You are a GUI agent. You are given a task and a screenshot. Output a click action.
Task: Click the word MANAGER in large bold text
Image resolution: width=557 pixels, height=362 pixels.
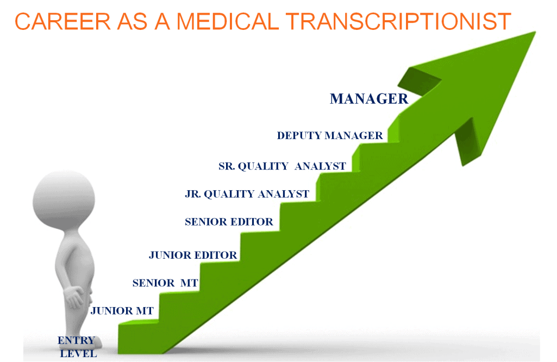[x=369, y=99]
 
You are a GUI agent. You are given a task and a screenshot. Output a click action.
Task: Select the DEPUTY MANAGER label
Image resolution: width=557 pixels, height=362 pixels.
[x=330, y=136]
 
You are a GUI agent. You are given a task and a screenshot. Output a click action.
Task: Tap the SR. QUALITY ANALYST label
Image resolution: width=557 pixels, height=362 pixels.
[x=282, y=166]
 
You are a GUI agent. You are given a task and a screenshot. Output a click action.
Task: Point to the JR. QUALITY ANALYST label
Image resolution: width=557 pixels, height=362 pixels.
[x=247, y=194]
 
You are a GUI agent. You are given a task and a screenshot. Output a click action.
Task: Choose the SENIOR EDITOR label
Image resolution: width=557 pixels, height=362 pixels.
[x=229, y=222]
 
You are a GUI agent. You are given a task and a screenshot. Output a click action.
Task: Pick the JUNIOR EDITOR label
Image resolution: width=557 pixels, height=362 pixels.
[x=193, y=255]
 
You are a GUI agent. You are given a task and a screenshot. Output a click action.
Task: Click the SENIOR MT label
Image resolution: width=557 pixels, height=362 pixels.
[x=165, y=283]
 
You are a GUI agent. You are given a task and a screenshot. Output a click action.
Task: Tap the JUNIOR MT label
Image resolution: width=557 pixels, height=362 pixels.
[x=122, y=311]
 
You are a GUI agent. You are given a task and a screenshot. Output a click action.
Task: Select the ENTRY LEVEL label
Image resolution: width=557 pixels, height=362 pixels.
[x=77, y=347]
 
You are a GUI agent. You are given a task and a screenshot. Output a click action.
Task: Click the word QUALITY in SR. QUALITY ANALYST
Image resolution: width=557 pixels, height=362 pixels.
[x=264, y=166]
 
